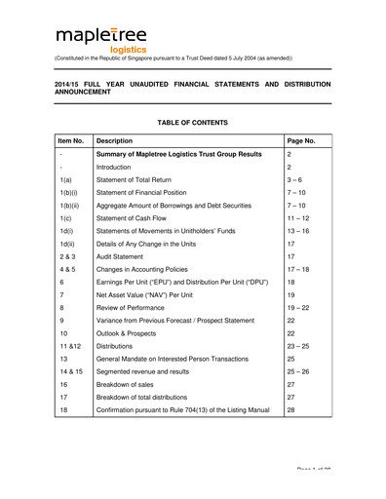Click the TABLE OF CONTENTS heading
click(x=192, y=123)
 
